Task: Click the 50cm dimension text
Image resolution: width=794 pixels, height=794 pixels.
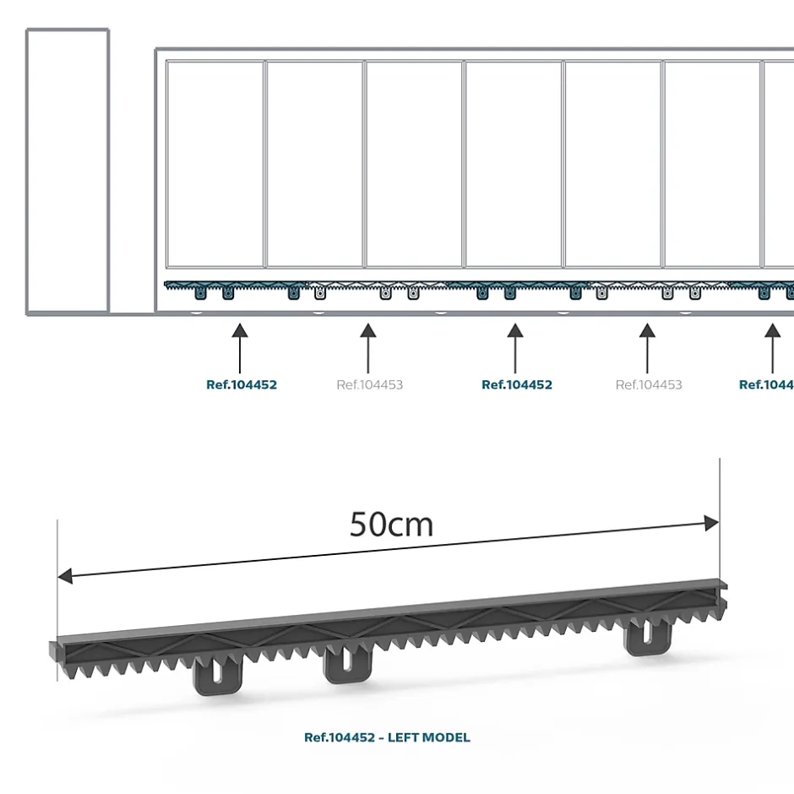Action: click(x=391, y=525)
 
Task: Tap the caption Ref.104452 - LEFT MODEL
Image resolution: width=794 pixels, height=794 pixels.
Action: click(x=387, y=737)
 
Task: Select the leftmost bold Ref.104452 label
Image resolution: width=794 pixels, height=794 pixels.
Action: click(x=242, y=385)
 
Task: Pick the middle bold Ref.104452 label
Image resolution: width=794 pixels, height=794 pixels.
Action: click(x=517, y=385)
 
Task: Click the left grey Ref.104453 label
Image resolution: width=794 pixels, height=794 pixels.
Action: click(x=369, y=385)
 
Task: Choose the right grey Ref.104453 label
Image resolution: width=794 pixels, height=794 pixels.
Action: click(x=649, y=385)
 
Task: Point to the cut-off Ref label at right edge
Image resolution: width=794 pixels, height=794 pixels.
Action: click(x=766, y=385)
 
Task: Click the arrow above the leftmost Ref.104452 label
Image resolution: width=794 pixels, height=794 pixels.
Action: click(x=240, y=346)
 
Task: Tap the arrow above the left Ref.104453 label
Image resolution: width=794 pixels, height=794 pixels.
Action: click(x=367, y=346)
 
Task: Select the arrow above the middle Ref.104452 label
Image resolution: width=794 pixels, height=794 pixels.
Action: click(x=515, y=346)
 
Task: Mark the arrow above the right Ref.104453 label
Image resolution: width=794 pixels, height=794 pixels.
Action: click(x=647, y=346)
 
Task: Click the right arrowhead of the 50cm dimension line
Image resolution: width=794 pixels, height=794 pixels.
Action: click(x=711, y=524)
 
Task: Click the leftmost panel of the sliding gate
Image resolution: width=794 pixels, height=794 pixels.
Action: click(x=215, y=164)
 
